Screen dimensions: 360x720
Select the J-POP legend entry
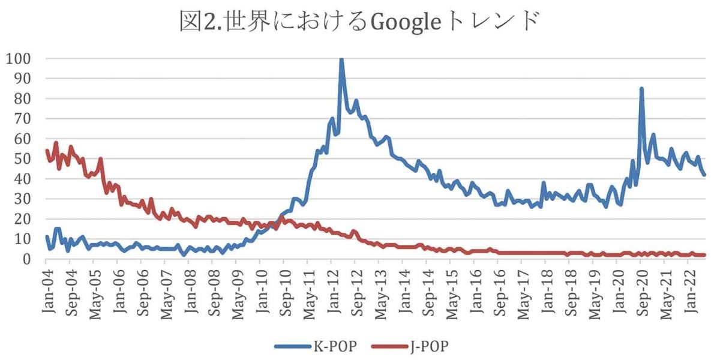tap(430, 346)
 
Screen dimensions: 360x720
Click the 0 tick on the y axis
tap(28, 259)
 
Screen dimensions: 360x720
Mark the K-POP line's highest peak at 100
tap(341, 59)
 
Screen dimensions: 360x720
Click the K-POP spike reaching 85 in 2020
tap(641, 89)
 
